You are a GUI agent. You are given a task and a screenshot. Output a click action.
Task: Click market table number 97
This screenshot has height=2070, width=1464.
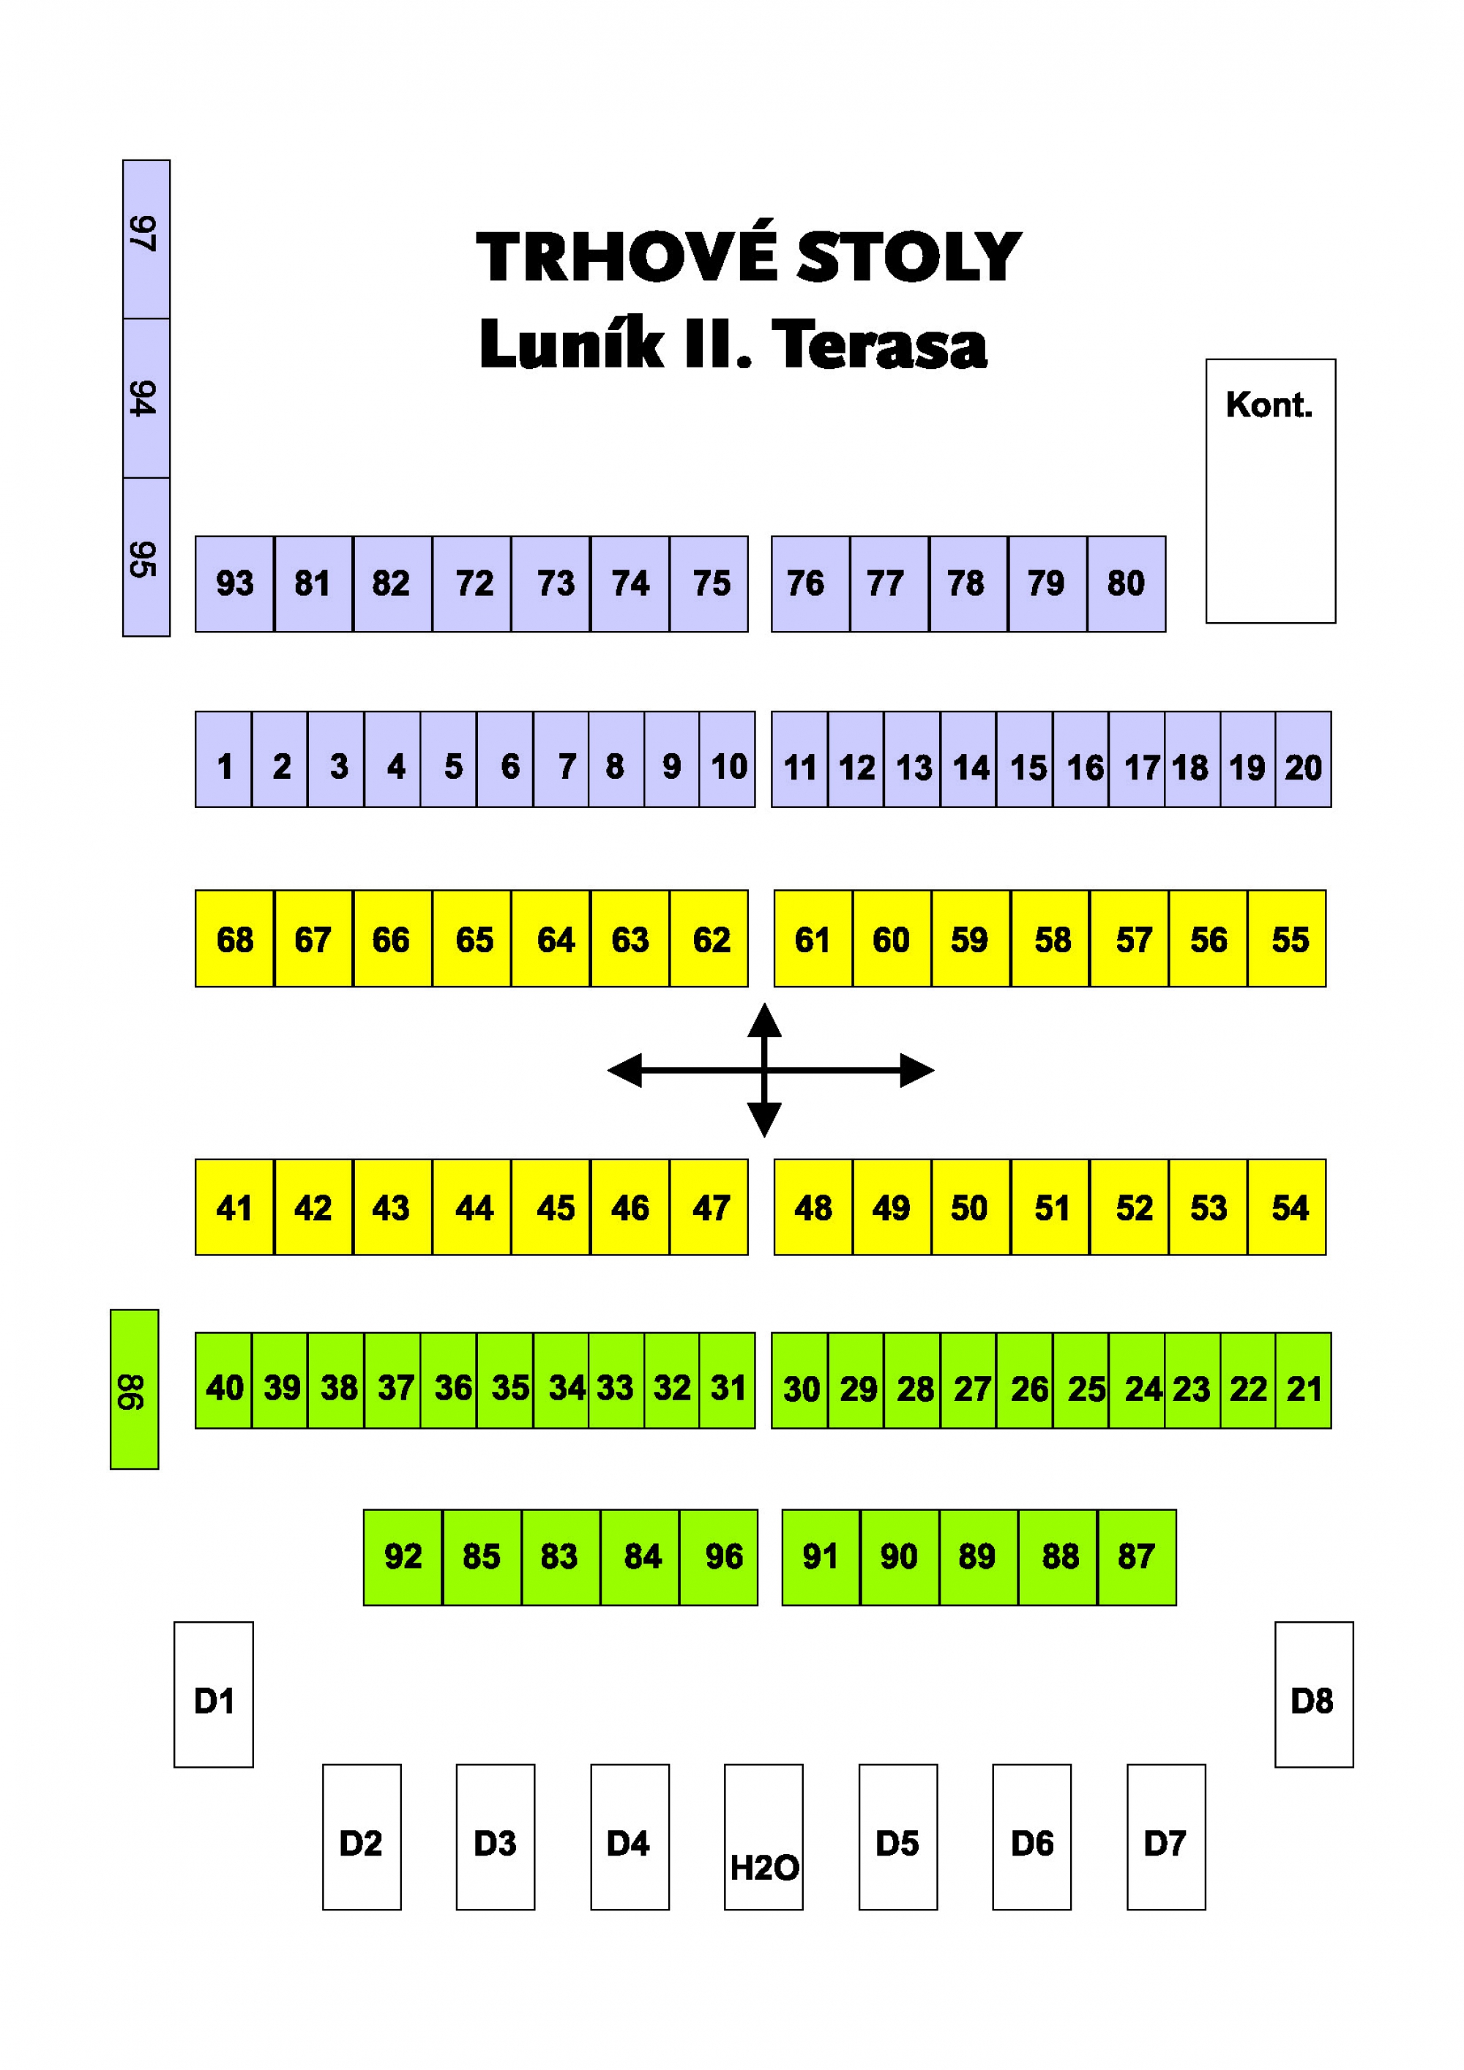click(146, 239)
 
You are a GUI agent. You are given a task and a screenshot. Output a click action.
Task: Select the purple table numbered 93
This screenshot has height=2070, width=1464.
click(234, 584)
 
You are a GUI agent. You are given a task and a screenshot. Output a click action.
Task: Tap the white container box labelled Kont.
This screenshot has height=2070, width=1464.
click(1270, 491)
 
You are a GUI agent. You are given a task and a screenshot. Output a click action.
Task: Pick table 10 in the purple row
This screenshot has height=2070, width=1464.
click(728, 759)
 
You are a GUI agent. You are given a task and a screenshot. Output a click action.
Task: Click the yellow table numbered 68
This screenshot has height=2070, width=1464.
click(234, 938)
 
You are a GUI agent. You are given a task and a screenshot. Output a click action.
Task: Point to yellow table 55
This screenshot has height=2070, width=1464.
click(1286, 938)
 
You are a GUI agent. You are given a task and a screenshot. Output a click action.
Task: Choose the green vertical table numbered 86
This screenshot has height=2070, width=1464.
click(134, 1389)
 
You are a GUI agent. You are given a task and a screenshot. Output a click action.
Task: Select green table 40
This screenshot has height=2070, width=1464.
click(223, 1381)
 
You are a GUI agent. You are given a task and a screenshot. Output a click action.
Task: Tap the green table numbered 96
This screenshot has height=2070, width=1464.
click(719, 1558)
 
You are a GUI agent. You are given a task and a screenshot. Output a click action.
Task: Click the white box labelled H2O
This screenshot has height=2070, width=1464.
click(763, 1837)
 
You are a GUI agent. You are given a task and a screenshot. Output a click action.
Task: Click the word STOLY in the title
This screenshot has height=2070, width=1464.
click(910, 257)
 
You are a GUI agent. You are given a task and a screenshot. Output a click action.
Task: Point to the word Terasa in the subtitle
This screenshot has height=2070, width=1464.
click(879, 345)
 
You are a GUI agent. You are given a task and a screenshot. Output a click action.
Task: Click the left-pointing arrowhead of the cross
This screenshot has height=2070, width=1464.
click(624, 1070)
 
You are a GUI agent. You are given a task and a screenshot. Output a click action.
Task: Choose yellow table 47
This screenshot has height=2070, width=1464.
click(709, 1207)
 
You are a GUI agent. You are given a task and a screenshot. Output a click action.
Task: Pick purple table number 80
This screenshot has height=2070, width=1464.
click(1127, 584)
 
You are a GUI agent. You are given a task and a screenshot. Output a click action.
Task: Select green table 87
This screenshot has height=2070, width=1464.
click(1137, 1558)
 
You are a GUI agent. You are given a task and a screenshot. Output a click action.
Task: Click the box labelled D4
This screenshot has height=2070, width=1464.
click(630, 1837)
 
